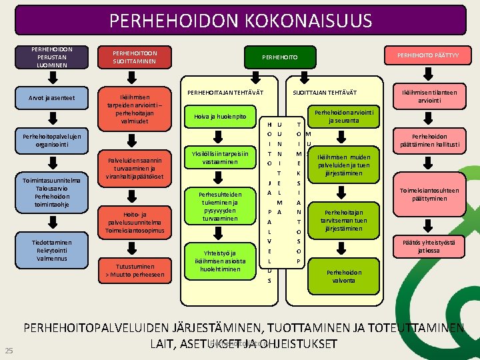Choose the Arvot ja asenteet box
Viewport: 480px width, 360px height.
coord(52,99)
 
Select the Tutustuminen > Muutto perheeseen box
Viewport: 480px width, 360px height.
coord(135,269)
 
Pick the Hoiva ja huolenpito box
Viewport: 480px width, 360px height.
coord(220,117)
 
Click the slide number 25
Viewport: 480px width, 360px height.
coord(9,351)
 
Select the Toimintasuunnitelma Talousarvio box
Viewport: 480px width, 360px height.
coord(51,192)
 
